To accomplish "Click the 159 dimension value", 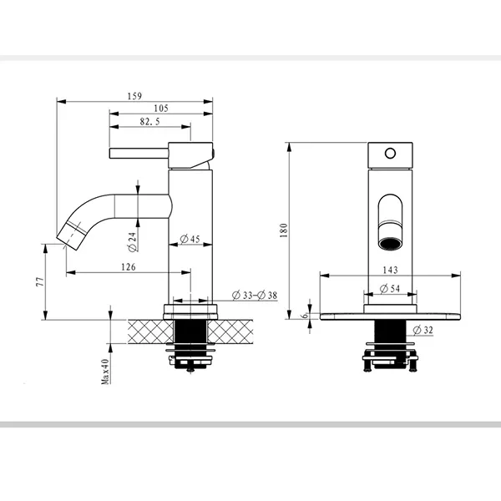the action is click(134, 96).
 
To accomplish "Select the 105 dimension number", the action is click(161, 109).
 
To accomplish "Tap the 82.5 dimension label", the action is click(149, 122).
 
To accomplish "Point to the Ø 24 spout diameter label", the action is click(132, 242).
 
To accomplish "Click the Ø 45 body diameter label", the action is click(190, 239).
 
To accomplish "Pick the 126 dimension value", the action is click(128, 267).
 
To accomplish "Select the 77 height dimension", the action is click(40, 281).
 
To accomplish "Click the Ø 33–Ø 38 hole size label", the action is click(255, 296).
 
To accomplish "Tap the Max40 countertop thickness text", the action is click(105, 372).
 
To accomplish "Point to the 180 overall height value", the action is click(284, 230).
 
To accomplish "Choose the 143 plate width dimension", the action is click(390, 271).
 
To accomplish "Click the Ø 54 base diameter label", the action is click(390, 289).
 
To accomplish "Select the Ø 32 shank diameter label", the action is click(423, 330).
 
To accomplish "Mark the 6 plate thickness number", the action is click(305, 316).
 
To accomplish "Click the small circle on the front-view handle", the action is click(390, 154).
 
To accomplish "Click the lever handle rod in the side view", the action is click(139, 154).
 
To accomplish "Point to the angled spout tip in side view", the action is click(72, 235).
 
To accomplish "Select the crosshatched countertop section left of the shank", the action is click(150, 331).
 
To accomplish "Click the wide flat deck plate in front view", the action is click(390, 316).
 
